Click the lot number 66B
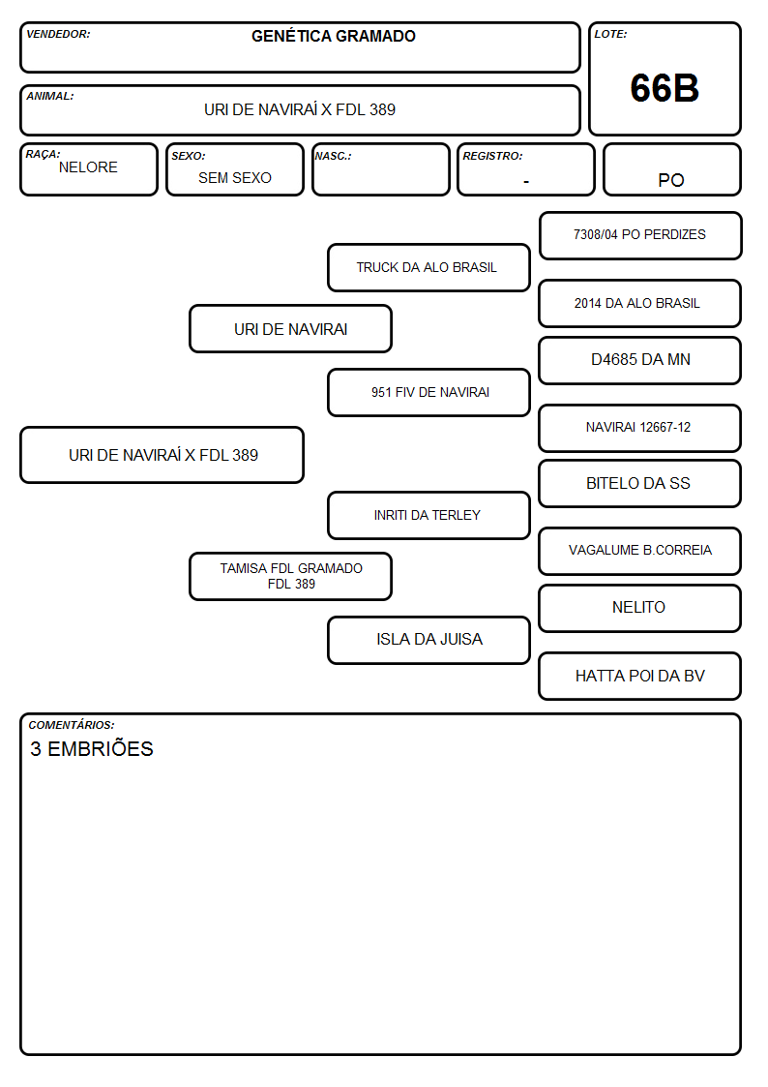click(665, 88)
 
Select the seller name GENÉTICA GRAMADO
click(333, 36)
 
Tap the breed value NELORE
click(88, 167)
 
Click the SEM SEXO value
click(235, 178)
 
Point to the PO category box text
click(671, 180)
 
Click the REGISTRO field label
click(492, 156)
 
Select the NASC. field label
click(333, 156)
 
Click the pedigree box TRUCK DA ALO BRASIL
click(428, 267)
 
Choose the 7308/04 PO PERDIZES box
click(640, 235)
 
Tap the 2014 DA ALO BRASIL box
click(640, 303)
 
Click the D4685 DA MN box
click(640, 360)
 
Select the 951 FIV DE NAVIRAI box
click(428, 392)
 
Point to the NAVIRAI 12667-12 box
click(640, 428)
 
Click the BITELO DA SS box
click(640, 483)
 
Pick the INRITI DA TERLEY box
click(428, 515)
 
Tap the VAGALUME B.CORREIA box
click(640, 551)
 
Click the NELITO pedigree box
click(640, 607)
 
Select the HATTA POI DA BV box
click(640, 676)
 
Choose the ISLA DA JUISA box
click(428, 639)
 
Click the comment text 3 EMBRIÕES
click(92, 748)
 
